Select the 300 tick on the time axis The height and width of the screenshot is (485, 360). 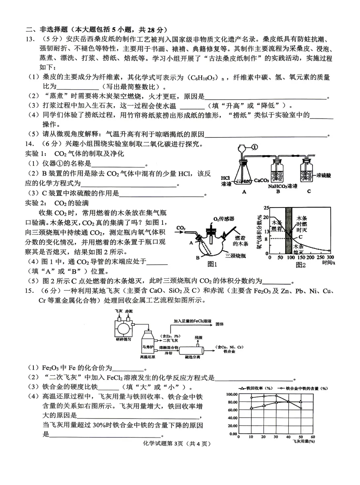pos(330,257)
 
